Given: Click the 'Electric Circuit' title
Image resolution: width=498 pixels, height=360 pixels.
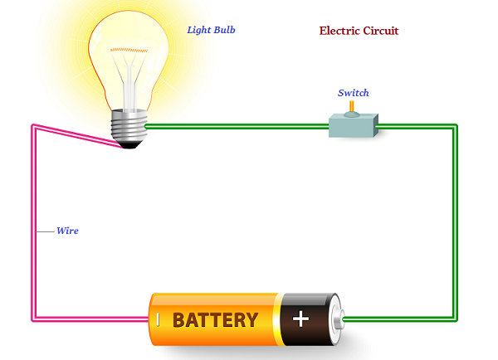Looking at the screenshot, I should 359,31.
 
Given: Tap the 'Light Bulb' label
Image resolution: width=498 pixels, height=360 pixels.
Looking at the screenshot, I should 211,30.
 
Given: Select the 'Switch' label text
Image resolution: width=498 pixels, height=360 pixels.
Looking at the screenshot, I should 353,93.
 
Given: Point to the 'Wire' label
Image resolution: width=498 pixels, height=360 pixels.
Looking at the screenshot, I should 67,230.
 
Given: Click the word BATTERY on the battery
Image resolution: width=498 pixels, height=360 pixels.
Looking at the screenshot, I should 215,319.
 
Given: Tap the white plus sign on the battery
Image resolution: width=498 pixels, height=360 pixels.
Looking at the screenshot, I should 300,319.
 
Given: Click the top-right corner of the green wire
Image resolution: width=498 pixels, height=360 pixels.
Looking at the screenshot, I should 455,127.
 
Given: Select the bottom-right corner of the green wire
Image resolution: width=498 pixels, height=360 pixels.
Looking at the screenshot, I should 455,319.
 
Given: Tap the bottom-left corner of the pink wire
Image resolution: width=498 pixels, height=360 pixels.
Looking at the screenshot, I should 33,319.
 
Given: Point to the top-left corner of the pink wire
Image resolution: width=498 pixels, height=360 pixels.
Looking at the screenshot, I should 33,127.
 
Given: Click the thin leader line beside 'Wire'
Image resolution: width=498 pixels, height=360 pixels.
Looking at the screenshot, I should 45,231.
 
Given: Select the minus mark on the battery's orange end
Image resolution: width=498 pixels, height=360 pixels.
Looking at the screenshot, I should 157,319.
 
